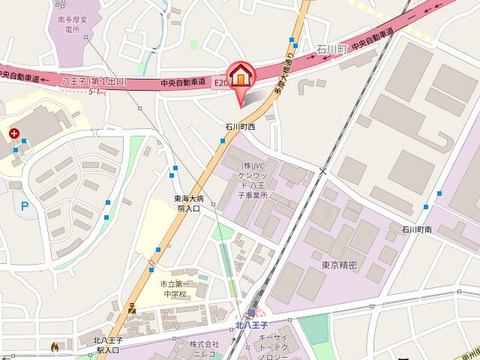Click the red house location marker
point(241,76)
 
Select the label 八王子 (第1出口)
point(94,81)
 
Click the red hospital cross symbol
point(14,133)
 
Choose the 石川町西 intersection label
point(240,127)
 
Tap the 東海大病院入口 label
point(187,203)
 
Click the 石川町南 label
point(416,228)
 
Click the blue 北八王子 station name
point(252,325)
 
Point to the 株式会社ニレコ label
point(204,349)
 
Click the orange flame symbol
point(54,347)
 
